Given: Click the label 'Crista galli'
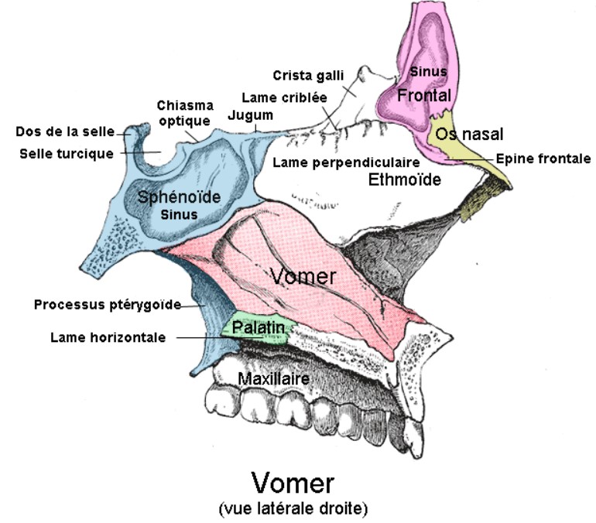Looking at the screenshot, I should point(307,75).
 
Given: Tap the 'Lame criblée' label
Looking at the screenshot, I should point(284,98).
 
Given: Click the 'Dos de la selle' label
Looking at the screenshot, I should point(65,132).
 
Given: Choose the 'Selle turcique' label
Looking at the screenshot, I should point(67,152).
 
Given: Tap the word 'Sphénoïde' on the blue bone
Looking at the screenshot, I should point(179,197).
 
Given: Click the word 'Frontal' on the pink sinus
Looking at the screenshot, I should point(423,95).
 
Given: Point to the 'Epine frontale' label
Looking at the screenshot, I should point(543,159).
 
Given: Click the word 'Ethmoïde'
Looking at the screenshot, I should point(404,180).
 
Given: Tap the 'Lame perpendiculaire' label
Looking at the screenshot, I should point(346,162).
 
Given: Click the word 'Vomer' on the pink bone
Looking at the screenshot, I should point(303,275).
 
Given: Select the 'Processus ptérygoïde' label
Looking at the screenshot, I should point(107,304).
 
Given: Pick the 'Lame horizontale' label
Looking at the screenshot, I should point(108,337).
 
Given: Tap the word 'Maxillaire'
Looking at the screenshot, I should point(274,379).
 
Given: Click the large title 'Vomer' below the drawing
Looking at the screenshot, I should point(293,483).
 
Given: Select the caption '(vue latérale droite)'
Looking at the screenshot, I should point(293,508).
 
